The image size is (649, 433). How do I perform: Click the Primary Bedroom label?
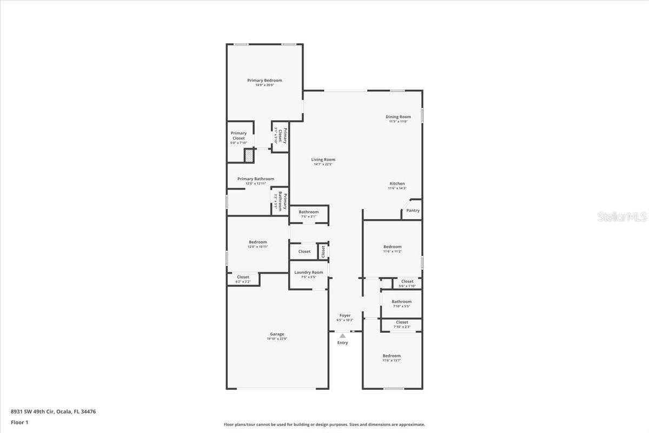[x=264, y=81]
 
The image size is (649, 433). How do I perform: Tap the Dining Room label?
[x=398, y=117]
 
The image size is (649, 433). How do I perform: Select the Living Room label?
[x=323, y=160]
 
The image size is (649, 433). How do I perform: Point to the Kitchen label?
[x=397, y=183]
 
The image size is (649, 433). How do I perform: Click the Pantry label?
[x=413, y=211]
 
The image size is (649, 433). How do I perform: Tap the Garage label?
[x=277, y=334]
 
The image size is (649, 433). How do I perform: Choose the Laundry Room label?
[x=308, y=272]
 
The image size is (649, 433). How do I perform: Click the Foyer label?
[x=345, y=316]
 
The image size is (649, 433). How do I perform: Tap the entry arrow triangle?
[x=342, y=336]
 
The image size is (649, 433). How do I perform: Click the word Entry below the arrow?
[x=343, y=343]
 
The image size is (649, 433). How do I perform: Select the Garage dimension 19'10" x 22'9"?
[x=277, y=339]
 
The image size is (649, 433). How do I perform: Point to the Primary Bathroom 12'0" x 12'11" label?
[x=256, y=179]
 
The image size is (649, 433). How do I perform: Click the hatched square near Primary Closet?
[x=249, y=156]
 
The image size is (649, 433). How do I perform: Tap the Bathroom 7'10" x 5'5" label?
[x=401, y=301]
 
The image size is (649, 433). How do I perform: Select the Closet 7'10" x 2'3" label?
[x=402, y=322]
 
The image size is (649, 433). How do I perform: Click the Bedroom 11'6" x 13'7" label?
[x=392, y=356]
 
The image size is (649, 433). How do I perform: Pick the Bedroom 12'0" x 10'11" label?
[x=258, y=242]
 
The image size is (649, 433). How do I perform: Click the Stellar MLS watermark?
[x=622, y=216]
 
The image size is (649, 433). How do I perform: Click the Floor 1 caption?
[x=19, y=422]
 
